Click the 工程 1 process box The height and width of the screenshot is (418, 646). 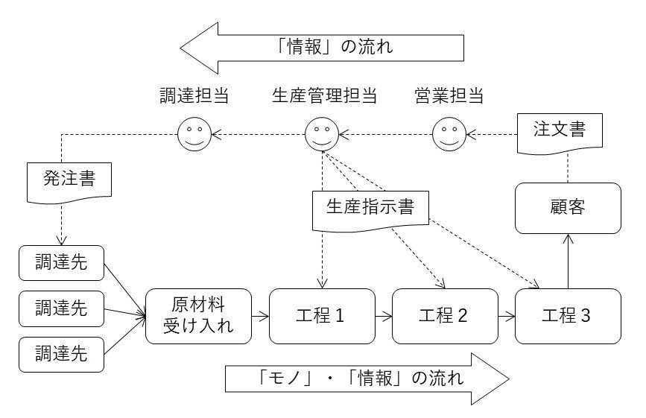(x=322, y=316)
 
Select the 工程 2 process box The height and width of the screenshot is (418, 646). (x=445, y=316)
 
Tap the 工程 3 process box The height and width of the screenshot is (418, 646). (x=568, y=316)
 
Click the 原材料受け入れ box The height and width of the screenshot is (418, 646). (x=198, y=316)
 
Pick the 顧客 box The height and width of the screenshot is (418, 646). (x=568, y=207)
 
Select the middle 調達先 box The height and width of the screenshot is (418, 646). (x=61, y=308)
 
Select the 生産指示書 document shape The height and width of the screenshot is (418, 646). (x=370, y=206)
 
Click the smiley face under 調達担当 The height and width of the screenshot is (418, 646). (x=194, y=135)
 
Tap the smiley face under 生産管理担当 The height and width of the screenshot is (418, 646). (x=322, y=135)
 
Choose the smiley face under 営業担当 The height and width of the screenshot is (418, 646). (x=449, y=135)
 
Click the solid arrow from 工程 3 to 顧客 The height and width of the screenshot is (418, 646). (x=568, y=261)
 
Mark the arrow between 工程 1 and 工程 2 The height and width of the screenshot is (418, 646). (x=383, y=317)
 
